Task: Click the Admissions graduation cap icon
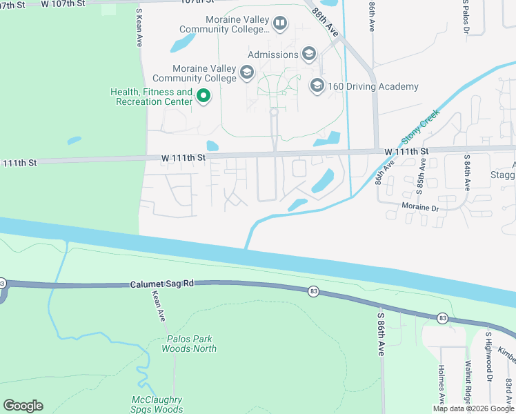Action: click(308, 55)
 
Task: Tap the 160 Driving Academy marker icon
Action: click(317, 86)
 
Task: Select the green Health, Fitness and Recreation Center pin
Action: click(204, 97)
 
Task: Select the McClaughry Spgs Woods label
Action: click(157, 404)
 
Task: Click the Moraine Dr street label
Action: click(420, 207)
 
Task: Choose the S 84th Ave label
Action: click(467, 173)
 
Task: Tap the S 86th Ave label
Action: click(380, 334)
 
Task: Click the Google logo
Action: click(23, 406)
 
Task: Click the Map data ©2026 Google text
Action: click(473, 408)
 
